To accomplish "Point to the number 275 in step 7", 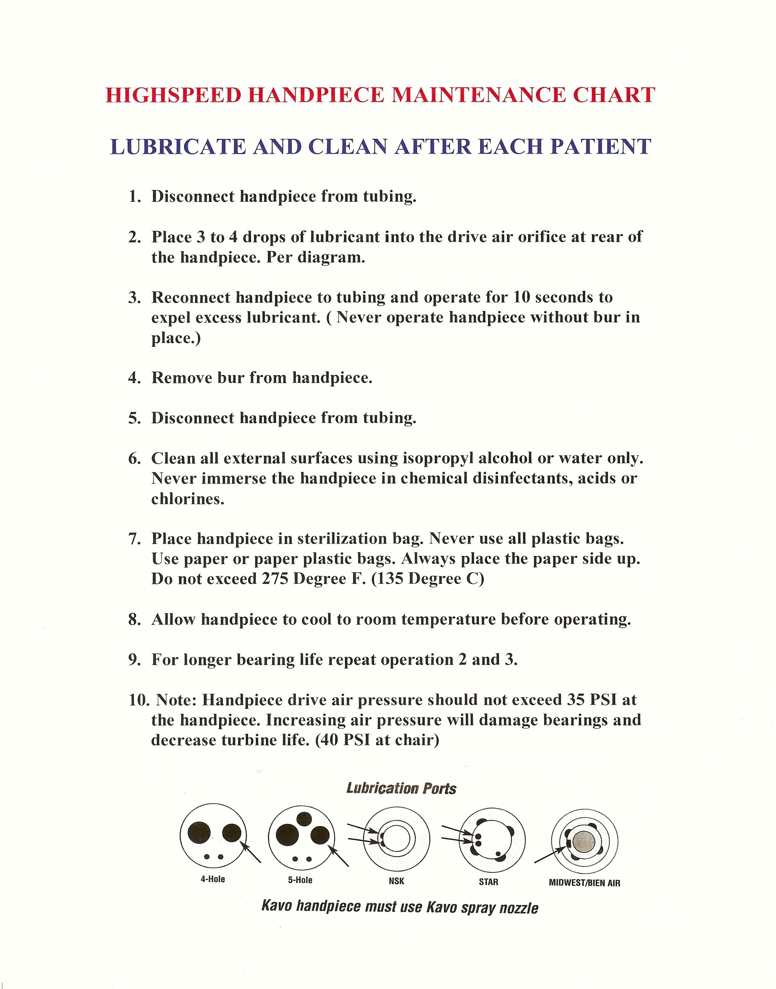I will pyautogui.click(x=275, y=579).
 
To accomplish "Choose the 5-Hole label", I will pyautogui.click(x=300, y=880).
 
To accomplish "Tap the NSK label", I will pyautogui.click(x=396, y=881).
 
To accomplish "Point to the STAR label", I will pyautogui.click(x=488, y=882).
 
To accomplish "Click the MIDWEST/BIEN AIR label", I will pyautogui.click(x=584, y=883).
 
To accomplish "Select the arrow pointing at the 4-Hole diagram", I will pyautogui.click(x=252, y=852).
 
